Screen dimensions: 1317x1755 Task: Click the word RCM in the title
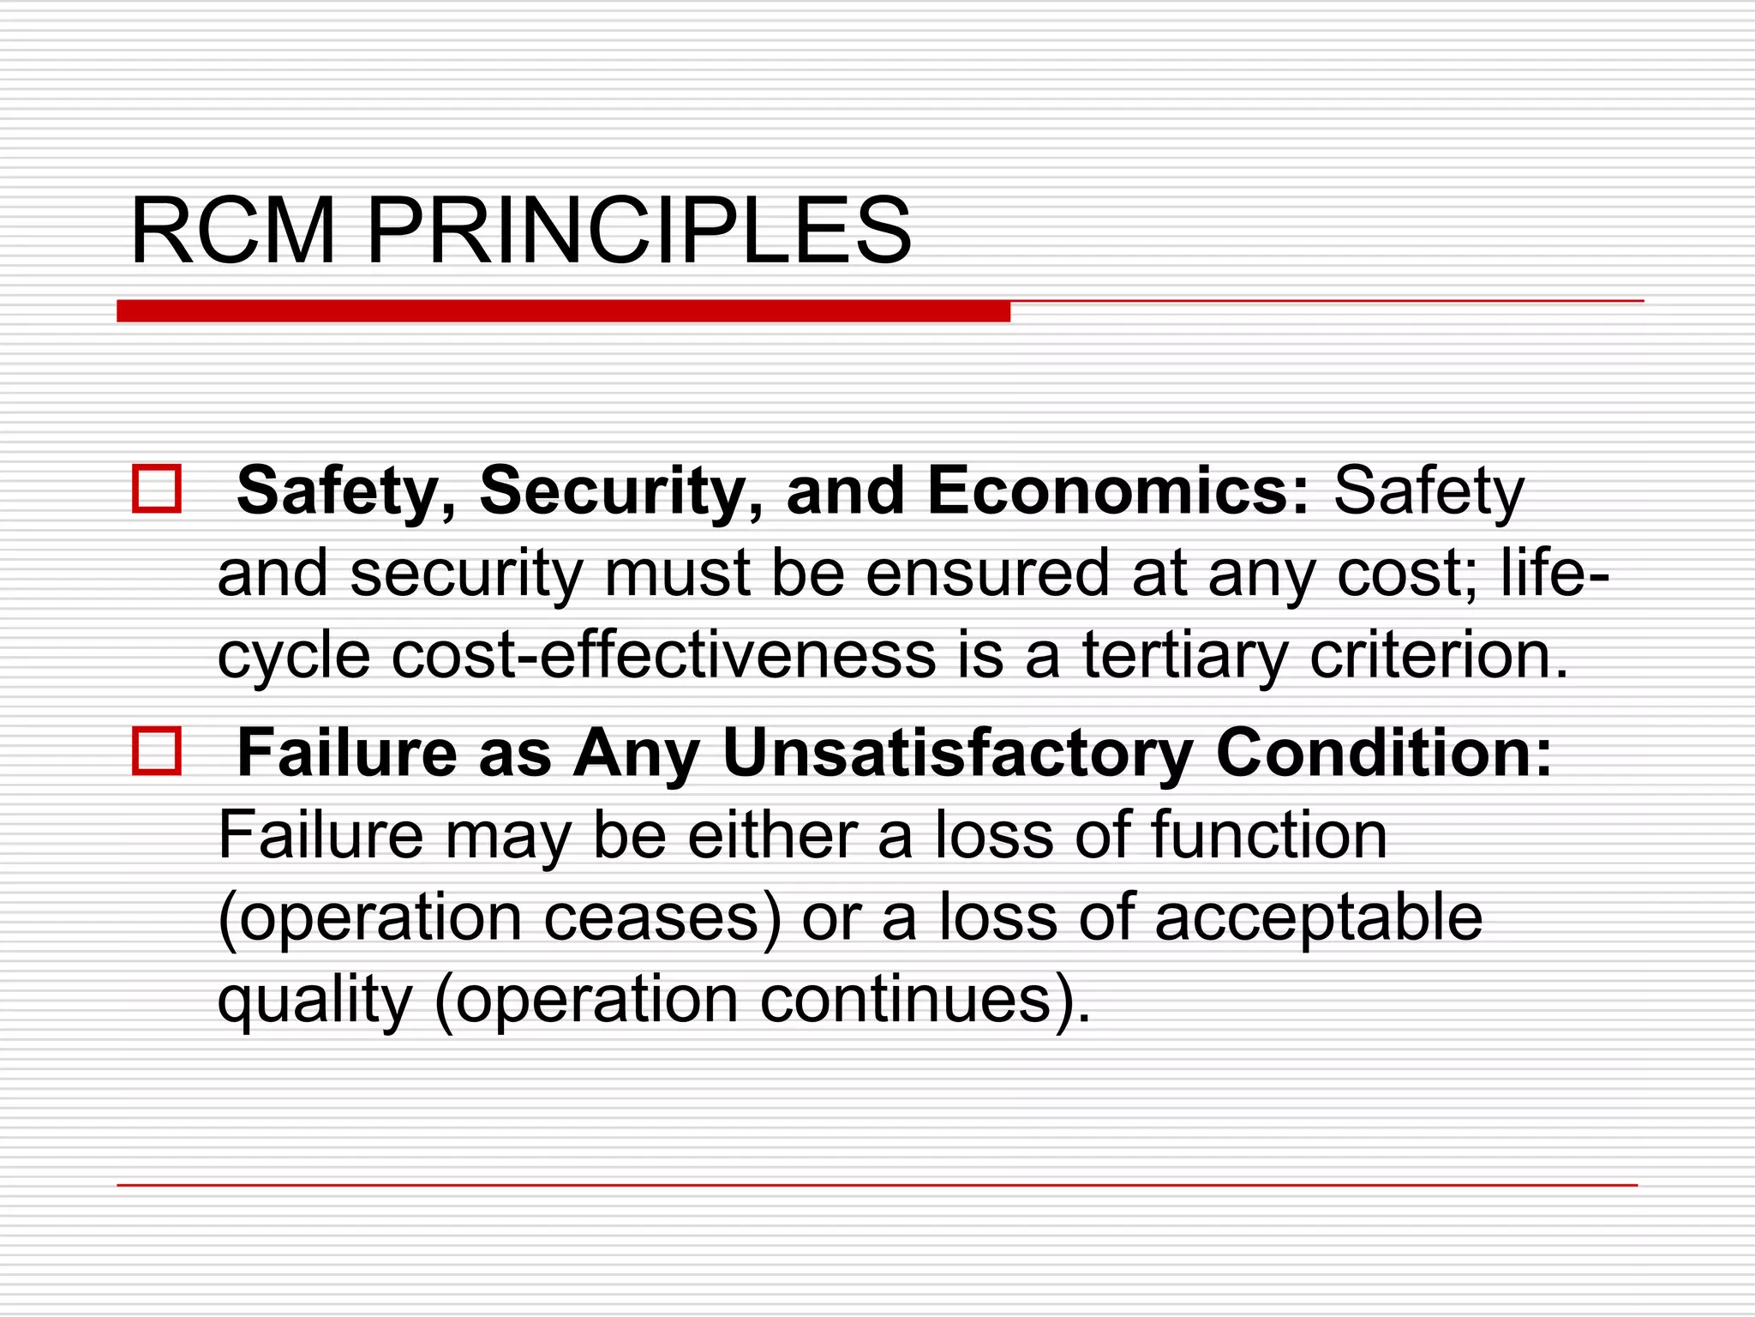coord(232,232)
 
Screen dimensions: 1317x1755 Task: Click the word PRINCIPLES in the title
coord(639,232)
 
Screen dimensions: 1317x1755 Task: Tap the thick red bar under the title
coord(563,311)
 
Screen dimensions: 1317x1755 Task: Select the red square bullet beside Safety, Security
coord(157,489)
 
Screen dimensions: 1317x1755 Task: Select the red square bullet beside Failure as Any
coord(157,751)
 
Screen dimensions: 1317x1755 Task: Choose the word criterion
coord(1440,655)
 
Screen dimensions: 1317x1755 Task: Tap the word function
coord(1269,834)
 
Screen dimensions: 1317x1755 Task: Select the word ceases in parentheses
coord(651,917)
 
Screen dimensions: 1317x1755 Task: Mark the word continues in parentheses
coord(905,999)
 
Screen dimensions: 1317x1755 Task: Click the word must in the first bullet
coord(678,573)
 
